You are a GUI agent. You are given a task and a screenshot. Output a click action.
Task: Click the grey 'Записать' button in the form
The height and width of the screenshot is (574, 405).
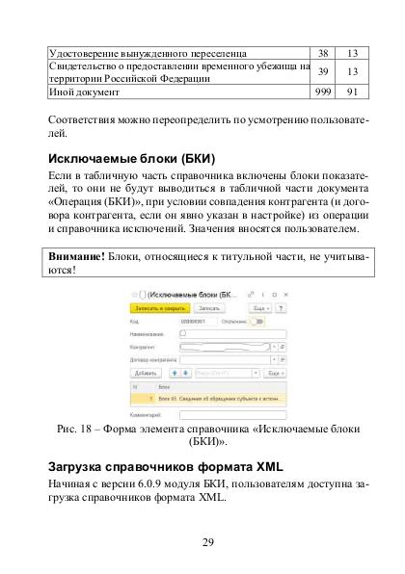click(207, 307)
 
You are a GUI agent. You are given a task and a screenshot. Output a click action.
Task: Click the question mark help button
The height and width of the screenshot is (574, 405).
click(280, 307)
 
